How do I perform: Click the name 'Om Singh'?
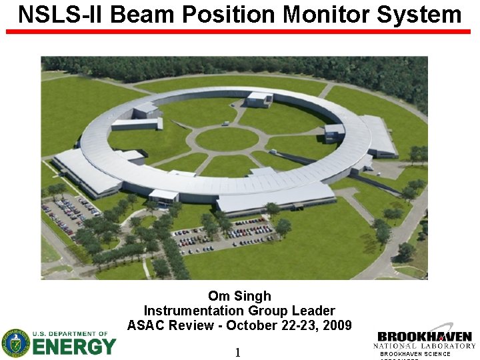(239, 296)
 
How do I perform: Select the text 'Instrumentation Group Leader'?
(239, 311)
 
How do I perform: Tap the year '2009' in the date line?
(336, 325)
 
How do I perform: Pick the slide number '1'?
(237, 352)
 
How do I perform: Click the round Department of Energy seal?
(15, 343)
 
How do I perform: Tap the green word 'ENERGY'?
(74, 347)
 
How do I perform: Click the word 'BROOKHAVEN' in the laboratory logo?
(424, 337)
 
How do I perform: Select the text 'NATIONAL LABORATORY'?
(424, 345)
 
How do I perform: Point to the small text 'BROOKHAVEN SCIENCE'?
(415, 353)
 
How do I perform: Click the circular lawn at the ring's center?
(227, 139)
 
